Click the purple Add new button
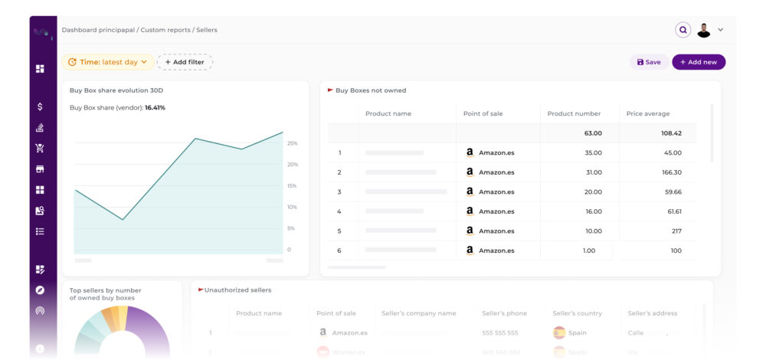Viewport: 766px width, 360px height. (x=699, y=62)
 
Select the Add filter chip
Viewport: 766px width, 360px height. (x=185, y=62)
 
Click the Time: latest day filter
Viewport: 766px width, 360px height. (x=108, y=62)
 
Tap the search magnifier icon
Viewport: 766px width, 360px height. (x=683, y=30)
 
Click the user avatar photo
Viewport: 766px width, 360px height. (x=704, y=30)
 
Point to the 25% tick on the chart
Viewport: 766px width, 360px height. (x=292, y=143)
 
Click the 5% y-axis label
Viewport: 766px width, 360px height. (x=290, y=228)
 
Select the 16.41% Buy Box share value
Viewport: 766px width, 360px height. (x=155, y=108)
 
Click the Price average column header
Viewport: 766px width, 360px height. (x=648, y=113)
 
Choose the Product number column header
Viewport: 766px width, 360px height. (x=574, y=113)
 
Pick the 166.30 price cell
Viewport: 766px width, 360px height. (x=672, y=172)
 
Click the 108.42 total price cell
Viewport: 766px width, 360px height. (x=671, y=133)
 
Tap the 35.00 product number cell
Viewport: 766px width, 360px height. (x=593, y=152)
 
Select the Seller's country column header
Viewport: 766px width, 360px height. (x=578, y=313)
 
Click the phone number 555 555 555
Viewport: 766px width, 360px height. (x=500, y=333)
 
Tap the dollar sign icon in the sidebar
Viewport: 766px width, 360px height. (x=40, y=106)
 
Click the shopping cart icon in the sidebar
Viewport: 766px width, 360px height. (x=40, y=148)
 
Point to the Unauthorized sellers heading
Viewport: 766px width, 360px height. (x=237, y=290)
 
